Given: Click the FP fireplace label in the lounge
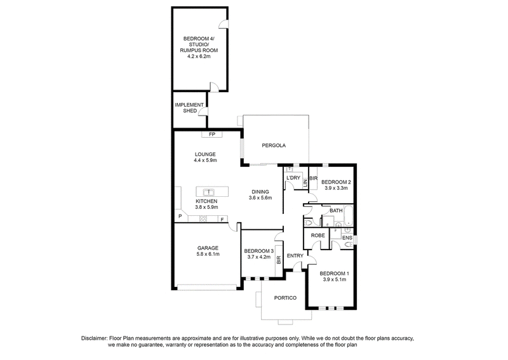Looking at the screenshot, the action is (212, 134).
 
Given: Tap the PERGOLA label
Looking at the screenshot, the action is (274, 145).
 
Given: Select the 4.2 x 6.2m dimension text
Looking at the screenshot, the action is (199, 57).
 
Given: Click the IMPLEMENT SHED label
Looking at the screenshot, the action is (189, 108).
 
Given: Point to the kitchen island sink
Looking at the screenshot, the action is (209, 192).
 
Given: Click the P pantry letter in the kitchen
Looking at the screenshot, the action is (180, 216).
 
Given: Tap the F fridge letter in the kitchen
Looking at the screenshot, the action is (222, 220).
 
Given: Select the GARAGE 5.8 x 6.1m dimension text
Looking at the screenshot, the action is (208, 254).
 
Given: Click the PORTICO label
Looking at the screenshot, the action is (285, 298).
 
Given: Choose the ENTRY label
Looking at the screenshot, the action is (295, 256).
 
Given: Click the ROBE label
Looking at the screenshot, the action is (318, 236).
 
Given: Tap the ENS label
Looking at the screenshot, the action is (347, 238).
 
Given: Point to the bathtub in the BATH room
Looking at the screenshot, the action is (348, 215).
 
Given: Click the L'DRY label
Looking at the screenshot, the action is (293, 178).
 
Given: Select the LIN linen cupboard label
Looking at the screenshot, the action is (305, 183).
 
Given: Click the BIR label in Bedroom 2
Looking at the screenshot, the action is (313, 178).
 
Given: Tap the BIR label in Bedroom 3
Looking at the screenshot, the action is (279, 259).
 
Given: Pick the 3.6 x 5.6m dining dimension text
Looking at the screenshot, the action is (260, 197).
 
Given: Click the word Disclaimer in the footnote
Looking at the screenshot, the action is (93, 338).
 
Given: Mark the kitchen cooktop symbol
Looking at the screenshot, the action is (203, 219).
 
